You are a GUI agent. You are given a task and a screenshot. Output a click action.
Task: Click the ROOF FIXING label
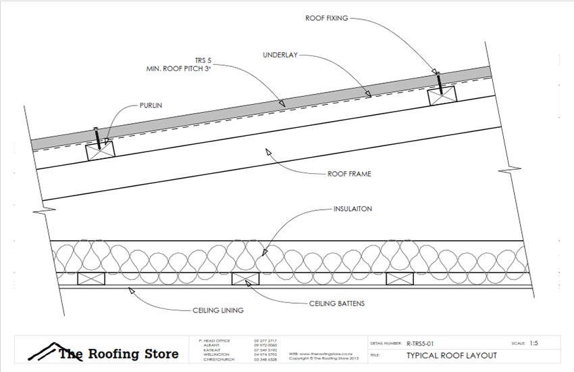click(x=326, y=18)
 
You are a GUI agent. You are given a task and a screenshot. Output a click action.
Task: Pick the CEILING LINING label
click(x=214, y=310)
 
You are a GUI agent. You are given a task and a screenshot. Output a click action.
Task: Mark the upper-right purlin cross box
click(x=442, y=95)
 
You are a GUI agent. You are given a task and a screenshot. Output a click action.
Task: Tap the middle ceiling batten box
click(x=246, y=278)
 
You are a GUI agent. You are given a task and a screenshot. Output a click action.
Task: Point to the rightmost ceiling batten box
click(x=399, y=278)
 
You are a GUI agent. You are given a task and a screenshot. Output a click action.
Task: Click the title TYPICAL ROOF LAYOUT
click(x=451, y=356)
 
